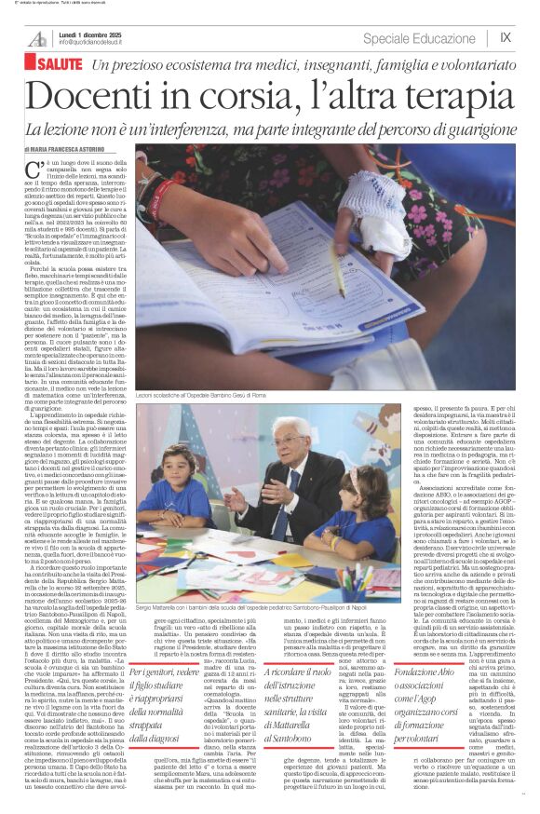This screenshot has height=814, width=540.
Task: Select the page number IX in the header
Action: tap(506, 37)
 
